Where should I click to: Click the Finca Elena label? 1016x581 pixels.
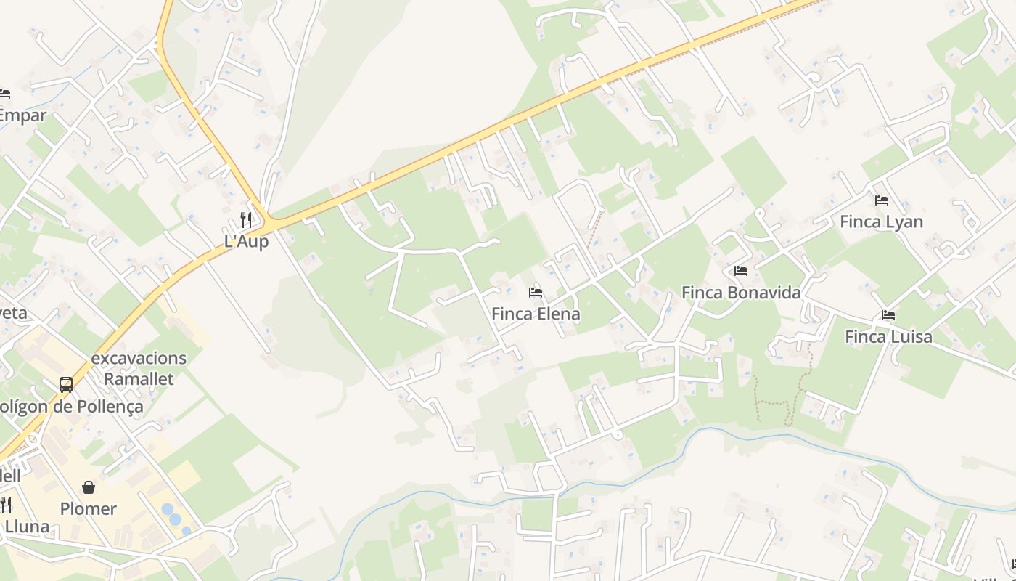pyautogui.click(x=536, y=314)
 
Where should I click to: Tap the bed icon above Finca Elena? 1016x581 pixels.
pyautogui.click(x=536, y=293)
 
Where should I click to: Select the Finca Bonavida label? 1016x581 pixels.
pyautogui.click(x=741, y=293)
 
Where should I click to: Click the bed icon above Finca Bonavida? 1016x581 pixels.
pyautogui.click(x=741, y=271)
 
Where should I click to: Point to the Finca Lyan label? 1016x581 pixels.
pyautogui.click(x=881, y=222)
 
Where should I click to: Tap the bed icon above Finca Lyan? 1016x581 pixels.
pyautogui.click(x=882, y=200)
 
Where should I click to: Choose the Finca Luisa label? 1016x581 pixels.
pyautogui.click(x=888, y=337)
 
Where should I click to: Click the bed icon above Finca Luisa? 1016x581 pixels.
pyautogui.click(x=888, y=315)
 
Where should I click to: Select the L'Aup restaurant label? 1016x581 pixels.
pyautogui.click(x=246, y=242)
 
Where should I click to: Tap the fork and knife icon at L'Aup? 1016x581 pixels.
pyautogui.click(x=246, y=219)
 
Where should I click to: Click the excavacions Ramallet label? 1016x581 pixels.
pyautogui.click(x=139, y=368)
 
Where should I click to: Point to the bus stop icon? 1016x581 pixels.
pyautogui.click(x=66, y=384)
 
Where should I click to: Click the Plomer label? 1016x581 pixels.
pyautogui.click(x=89, y=509)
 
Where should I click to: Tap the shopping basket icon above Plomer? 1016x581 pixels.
pyautogui.click(x=89, y=487)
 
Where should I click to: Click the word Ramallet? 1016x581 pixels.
pyautogui.click(x=139, y=379)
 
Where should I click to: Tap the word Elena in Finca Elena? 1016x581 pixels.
pyautogui.click(x=557, y=314)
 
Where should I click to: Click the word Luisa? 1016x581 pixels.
pyautogui.click(x=910, y=337)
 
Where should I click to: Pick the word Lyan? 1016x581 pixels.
pyautogui.click(x=903, y=222)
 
